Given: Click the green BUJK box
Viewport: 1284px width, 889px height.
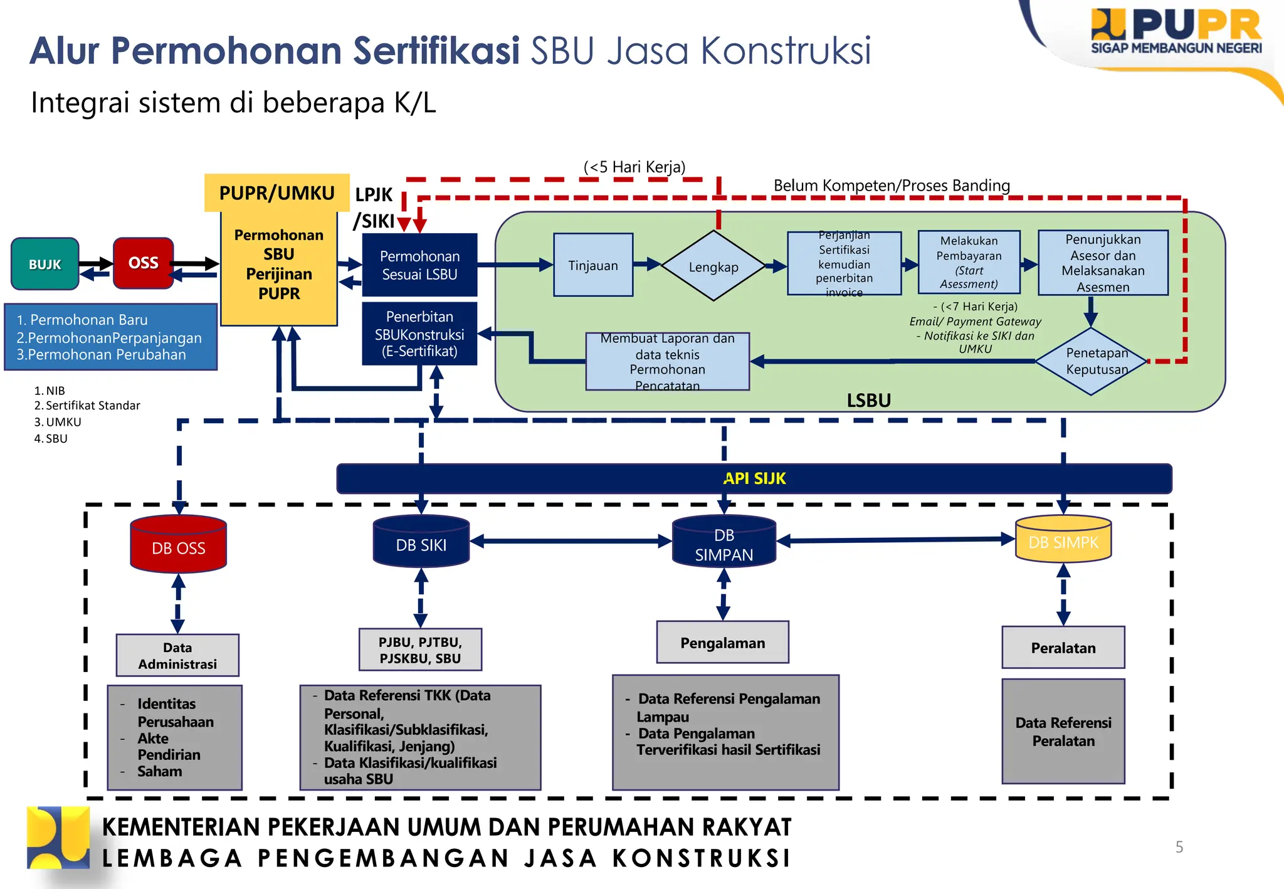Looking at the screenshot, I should click(45, 264).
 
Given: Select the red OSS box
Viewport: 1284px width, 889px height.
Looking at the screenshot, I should click(143, 263).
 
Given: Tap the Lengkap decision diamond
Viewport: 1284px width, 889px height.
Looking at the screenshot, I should click(713, 266).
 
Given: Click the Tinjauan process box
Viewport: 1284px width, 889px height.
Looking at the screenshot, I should click(593, 265).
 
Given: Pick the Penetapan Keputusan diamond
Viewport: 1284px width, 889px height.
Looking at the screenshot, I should click(1092, 361).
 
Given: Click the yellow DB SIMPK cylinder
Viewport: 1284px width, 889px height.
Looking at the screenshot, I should click(1063, 540).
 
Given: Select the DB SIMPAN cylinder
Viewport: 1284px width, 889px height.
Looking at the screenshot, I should click(724, 543).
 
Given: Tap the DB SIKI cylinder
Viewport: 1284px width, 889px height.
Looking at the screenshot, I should click(421, 543).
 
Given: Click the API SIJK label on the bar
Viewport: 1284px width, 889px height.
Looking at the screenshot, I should click(754, 478).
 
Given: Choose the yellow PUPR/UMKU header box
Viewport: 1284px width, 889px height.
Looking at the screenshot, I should click(276, 192).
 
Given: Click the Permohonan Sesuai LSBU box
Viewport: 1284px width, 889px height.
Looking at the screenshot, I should click(419, 265).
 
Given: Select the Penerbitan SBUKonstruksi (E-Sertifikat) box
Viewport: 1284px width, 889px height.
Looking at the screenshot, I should click(419, 334).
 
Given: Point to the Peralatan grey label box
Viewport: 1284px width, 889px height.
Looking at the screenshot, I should click(1063, 648).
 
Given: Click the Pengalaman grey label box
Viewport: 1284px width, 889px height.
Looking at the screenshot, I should click(722, 643).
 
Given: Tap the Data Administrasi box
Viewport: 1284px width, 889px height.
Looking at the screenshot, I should click(177, 655).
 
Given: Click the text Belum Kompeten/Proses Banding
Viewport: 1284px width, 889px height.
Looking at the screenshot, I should click(892, 186).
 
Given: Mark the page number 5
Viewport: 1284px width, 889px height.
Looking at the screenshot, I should click(1179, 847).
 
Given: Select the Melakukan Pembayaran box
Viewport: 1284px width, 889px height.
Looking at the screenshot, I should click(969, 262).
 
